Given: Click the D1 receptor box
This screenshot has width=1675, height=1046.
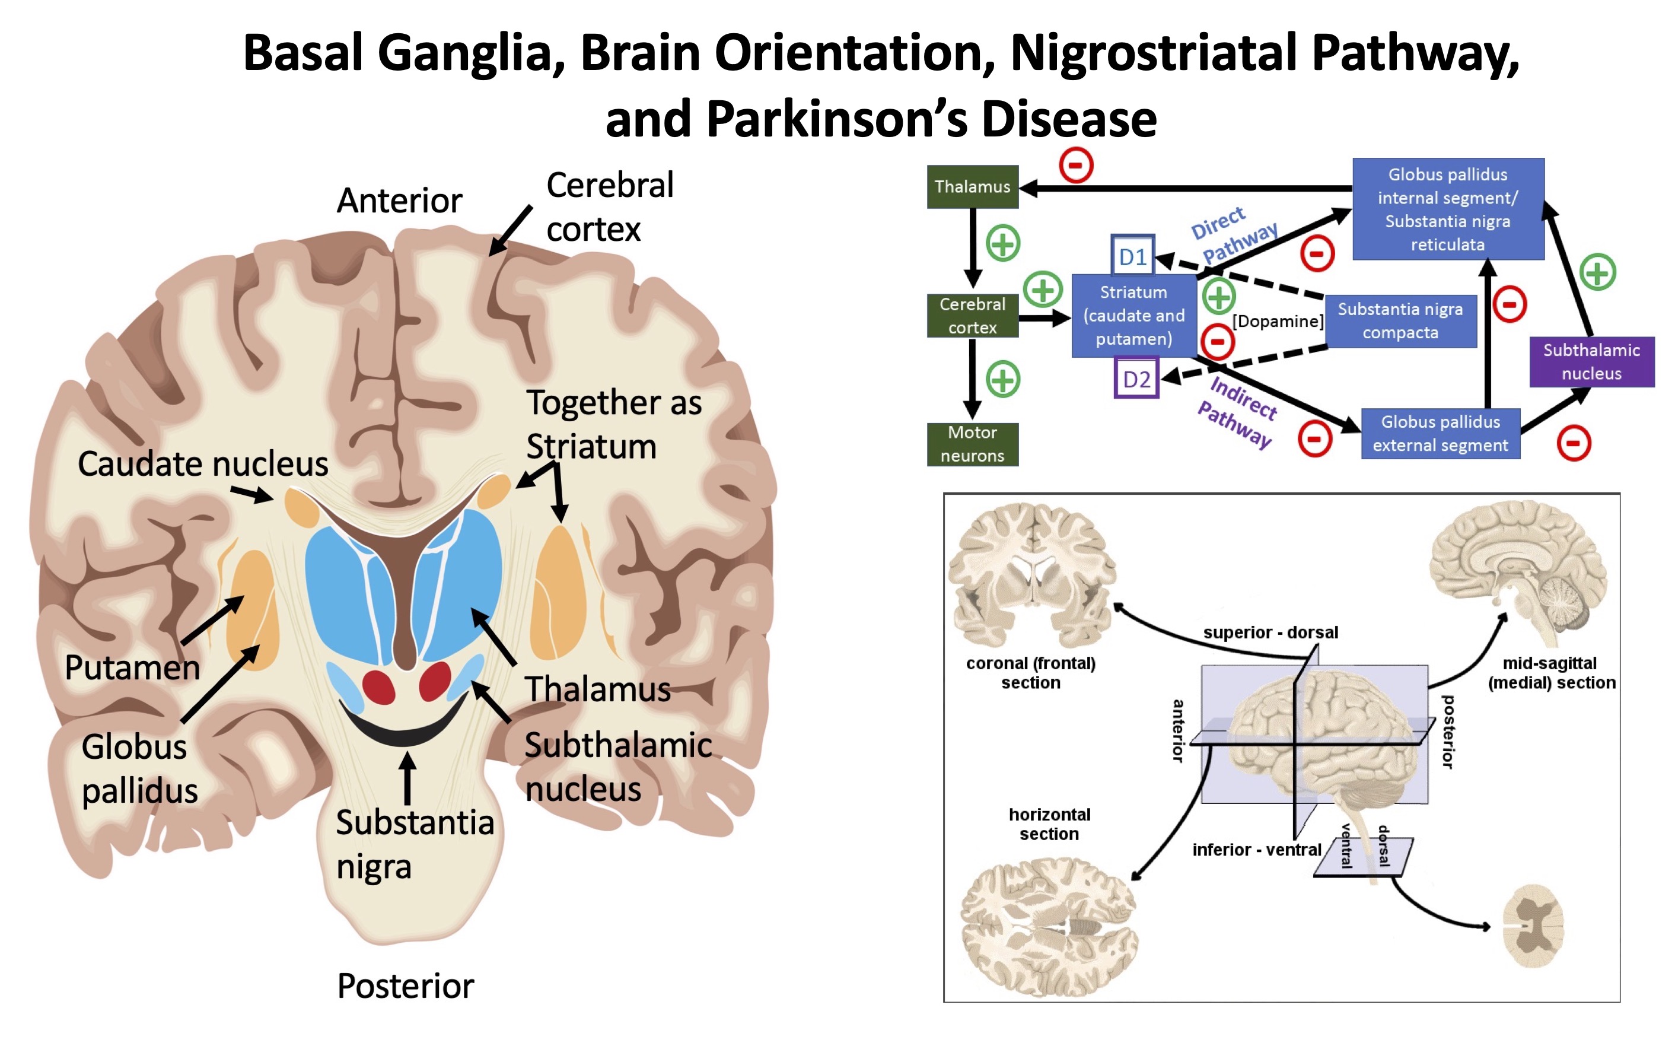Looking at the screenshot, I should (1132, 257).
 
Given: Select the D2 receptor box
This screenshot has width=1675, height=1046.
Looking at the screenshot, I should (1136, 379).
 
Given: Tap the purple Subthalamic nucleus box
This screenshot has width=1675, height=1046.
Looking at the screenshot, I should (1591, 361).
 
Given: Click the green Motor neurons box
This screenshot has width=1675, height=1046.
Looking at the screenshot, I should (972, 443).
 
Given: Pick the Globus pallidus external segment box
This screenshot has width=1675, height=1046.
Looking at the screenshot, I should (1440, 433).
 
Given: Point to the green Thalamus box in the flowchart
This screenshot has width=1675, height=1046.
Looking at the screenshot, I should (972, 186).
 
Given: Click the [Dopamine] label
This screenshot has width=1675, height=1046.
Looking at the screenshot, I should (1278, 321).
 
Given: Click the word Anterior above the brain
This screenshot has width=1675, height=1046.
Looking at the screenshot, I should (399, 201).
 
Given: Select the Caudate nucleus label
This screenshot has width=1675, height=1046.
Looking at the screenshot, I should (203, 463).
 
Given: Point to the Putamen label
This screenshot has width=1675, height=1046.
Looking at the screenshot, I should (132, 667).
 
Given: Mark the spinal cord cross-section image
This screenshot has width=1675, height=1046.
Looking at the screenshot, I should (1533, 926).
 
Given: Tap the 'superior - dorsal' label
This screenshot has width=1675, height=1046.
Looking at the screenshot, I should (1270, 632).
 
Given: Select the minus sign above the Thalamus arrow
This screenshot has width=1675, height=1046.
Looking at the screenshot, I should (1075, 165).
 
